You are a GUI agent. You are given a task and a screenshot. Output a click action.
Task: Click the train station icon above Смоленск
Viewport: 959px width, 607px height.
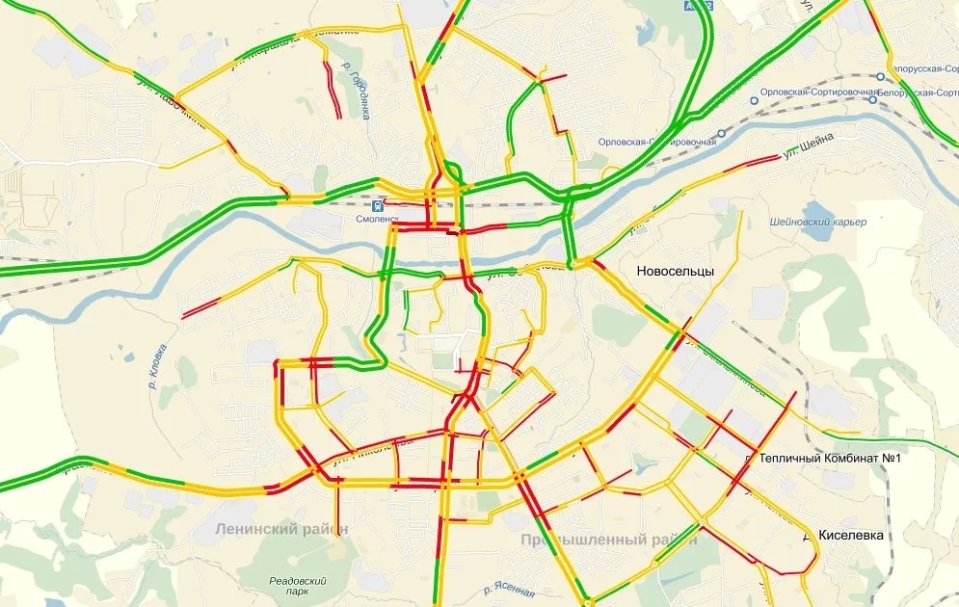pyautogui.click(x=380, y=204)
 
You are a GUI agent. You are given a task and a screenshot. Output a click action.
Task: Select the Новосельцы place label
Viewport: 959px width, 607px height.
pyautogui.click(x=675, y=272)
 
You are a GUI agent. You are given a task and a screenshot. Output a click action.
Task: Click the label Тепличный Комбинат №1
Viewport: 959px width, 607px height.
pyautogui.click(x=829, y=459)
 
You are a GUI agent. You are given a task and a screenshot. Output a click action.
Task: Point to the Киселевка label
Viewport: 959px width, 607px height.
pyautogui.click(x=850, y=535)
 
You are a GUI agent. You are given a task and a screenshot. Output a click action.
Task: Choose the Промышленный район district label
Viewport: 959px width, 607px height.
pyautogui.click(x=608, y=541)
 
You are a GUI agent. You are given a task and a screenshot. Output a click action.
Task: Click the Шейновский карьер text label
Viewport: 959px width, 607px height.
pyautogui.click(x=818, y=223)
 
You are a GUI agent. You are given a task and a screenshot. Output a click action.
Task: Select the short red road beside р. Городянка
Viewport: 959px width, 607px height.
pyautogui.click(x=333, y=92)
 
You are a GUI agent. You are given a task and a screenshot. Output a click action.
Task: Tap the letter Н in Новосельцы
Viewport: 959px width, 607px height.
pyautogui.click(x=642, y=272)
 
